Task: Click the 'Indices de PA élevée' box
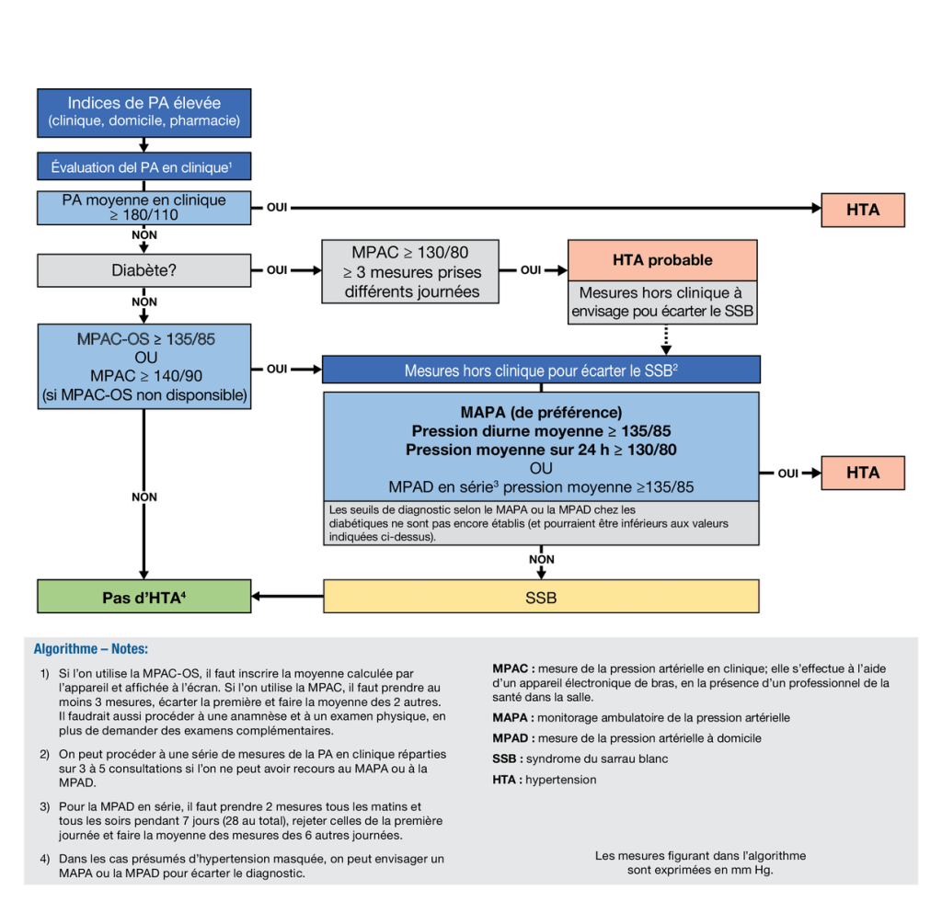click(144, 111)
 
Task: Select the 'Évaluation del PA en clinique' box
click(144, 166)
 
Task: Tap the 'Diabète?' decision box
click(144, 270)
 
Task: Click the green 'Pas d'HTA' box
click(144, 597)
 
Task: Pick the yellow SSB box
click(541, 597)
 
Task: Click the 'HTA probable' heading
click(661, 260)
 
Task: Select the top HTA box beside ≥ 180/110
click(862, 210)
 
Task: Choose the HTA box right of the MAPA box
click(862, 473)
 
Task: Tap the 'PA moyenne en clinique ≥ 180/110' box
click(144, 208)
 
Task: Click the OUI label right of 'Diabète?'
click(277, 270)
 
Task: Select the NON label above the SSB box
click(541, 559)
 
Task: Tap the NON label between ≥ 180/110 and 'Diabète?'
click(144, 235)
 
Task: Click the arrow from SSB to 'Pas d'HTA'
click(287, 597)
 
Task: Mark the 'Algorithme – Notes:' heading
click(90, 648)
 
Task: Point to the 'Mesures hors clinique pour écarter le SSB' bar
click(541, 371)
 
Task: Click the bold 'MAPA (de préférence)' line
click(541, 413)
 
